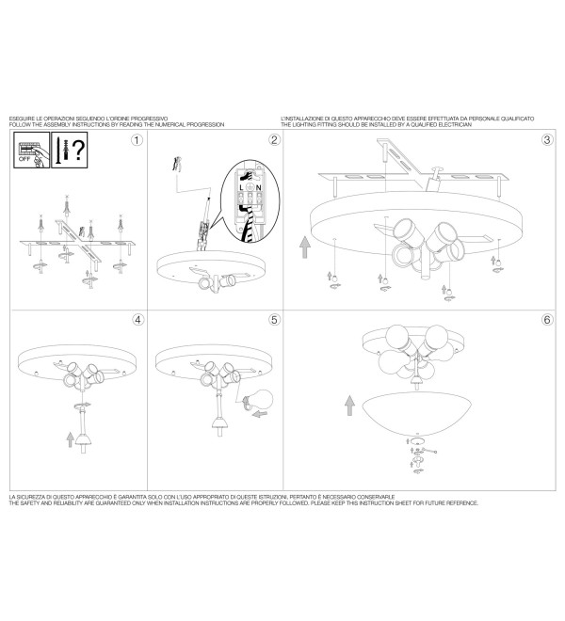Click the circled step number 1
coord(137,140)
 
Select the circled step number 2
coord(274,140)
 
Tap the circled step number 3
coord(547,140)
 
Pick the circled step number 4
coord(137,320)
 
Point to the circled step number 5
coord(274,320)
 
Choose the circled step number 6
coord(547,320)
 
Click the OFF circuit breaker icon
coord(32,150)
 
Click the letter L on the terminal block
coord(241,187)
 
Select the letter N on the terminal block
coord(259,187)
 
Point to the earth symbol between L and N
coord(250,187)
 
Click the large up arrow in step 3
coord(304,247)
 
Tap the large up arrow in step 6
coord(349,406)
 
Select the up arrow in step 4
coord(71,439)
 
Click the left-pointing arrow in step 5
coord(260,414)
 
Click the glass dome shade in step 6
coord(417,413)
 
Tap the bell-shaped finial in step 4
coord(83,439)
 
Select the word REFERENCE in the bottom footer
coord(462,503)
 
